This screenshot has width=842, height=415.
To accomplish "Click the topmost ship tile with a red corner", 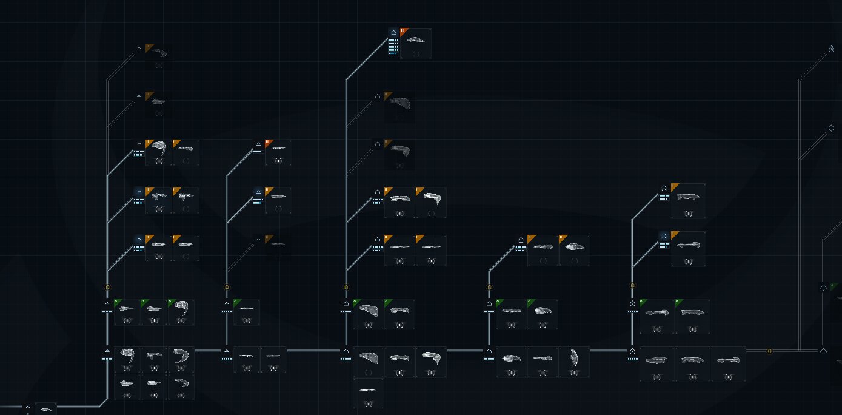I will pyautogui.click(x=416, y=43).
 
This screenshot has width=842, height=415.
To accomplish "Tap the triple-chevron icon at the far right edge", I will pyautogui.click(x=831, y=49).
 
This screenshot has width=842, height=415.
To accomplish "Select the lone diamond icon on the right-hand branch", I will pyautogui.click(x=831, y=129).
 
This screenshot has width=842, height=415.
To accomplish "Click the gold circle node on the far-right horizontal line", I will pyautogui.click(x=769, y=351).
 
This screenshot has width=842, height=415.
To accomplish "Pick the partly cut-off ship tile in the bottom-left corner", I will pyautogui.click(x=45, y=409).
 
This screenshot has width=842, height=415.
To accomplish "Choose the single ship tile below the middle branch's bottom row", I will pyautogui.click(x=368, y=393).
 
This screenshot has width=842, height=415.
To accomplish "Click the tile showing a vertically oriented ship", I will pyautogui.click(x=574, y=362).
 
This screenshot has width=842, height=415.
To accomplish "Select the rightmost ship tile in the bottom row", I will pyautogui.click(x=728, y=363).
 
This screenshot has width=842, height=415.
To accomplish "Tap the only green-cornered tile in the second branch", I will pyautogui.click(x=246, y=312).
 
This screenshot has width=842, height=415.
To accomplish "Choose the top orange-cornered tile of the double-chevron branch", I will pyautogui.click(x=688, y=201).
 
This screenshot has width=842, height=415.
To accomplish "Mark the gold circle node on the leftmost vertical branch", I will pyautogui.click(x=107, y=287).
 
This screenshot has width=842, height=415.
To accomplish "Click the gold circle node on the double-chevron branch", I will pyautogui.click(x=632, y=285).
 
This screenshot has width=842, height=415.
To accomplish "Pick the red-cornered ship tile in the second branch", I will pyautogui.click(x=278, y=152).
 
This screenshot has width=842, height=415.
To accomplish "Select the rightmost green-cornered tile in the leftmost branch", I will pyautogui.click(x=181, y=312).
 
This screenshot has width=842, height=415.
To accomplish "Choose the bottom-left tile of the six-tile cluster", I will pyautogui.click(x=127, y=386).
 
